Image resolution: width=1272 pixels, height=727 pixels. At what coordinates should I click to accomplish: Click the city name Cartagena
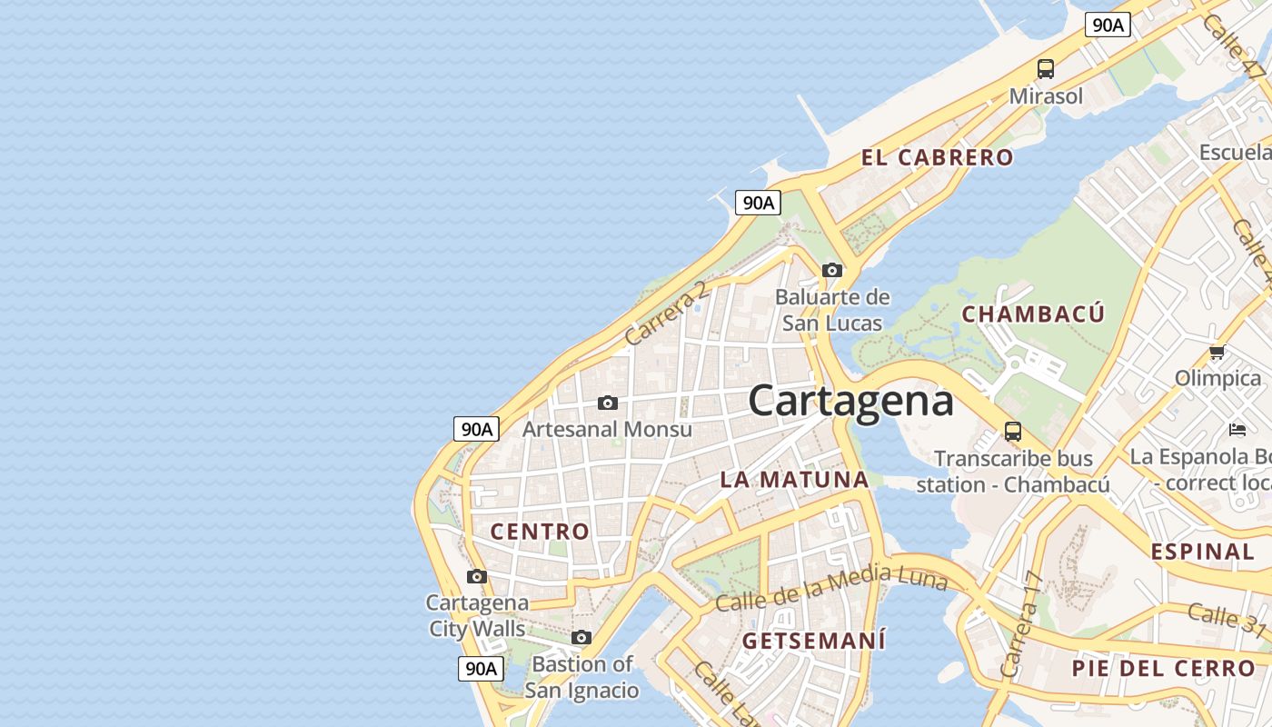tap(851, 401)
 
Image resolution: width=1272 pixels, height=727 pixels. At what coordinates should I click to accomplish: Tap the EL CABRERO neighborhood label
tap(937, 157)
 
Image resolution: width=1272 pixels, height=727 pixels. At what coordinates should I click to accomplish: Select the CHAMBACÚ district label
tap(1033, 314)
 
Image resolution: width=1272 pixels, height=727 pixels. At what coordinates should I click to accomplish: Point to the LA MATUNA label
tap(794, 480)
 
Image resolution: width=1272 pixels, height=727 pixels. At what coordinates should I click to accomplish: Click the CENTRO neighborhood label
tap(540, 532)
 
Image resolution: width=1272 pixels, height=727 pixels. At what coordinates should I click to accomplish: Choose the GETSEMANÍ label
tap(813, 641)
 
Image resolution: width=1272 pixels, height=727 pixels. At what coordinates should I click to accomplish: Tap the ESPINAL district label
tap(1202, 552)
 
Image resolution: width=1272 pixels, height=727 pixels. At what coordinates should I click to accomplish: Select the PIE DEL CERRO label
tap(1163, 669)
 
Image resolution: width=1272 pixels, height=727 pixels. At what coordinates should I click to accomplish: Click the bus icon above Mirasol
tap(1046, 68)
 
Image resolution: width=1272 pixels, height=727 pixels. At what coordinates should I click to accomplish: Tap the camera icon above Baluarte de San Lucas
tap(831, 270)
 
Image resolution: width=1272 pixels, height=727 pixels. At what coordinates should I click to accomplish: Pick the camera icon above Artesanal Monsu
tap(608, 403)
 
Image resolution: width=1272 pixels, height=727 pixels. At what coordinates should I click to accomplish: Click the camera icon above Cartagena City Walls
tap(477, 576)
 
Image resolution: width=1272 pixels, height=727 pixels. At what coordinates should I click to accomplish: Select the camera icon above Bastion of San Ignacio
tap(581, 638)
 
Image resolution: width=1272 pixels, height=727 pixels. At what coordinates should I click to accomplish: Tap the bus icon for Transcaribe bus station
tap(1013, 432)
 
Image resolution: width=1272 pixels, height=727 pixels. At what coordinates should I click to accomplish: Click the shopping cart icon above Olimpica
tap(1217, 352)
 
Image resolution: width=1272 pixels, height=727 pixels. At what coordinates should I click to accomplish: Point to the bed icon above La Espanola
tap(1237, 429)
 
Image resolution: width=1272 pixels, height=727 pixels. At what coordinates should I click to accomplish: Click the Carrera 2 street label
tap(666, 313)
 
